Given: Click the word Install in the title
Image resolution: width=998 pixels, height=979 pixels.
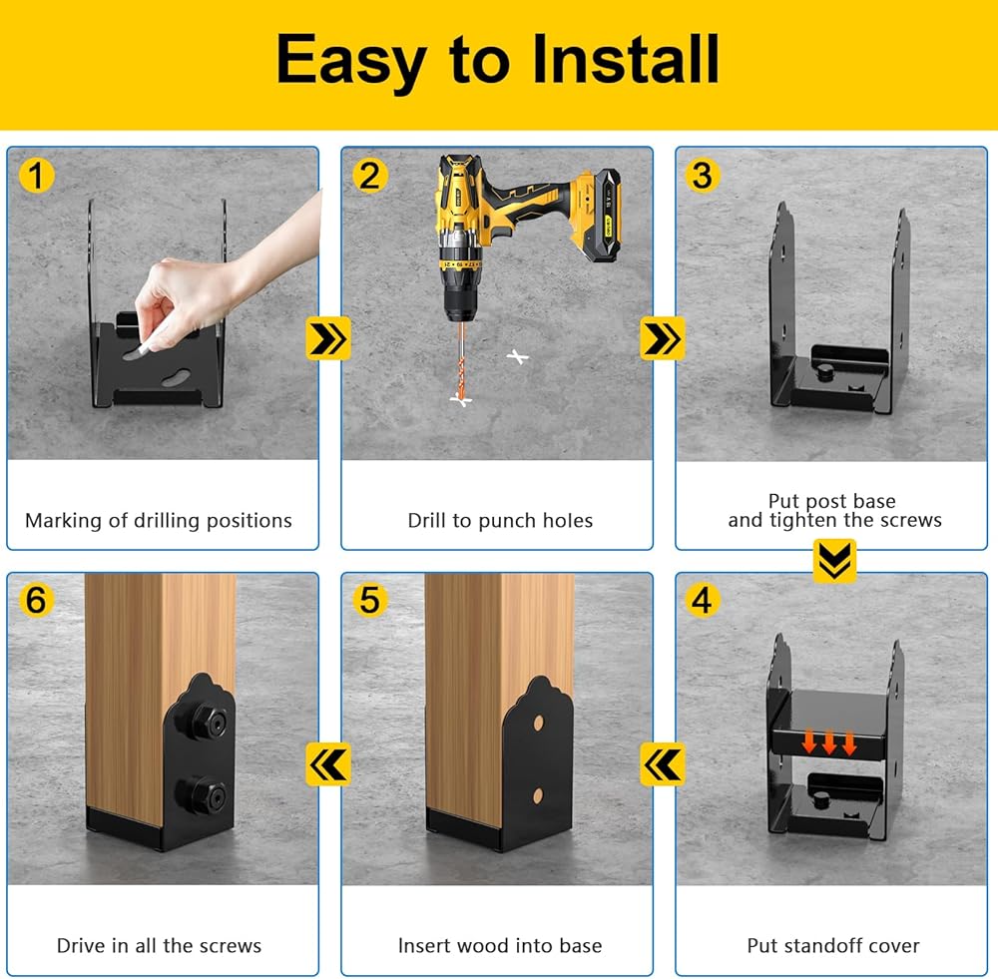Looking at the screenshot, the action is coord(626,59).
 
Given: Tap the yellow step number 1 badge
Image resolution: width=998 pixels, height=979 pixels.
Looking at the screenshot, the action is coord(36,176).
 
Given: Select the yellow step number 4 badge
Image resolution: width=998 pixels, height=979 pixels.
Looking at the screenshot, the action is coord(702,600).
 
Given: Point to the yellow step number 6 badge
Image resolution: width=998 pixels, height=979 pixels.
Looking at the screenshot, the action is coord(36,600).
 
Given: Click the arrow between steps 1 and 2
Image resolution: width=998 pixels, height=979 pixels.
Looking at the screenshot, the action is coord(328,338).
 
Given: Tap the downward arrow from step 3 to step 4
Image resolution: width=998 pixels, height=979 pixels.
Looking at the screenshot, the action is coord(834,561).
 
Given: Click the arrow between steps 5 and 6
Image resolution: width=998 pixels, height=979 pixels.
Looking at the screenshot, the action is coord(328,763).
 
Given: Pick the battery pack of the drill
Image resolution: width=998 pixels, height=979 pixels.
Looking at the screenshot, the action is coord(601,215).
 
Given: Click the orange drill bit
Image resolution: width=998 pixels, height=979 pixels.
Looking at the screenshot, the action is coord(460,361).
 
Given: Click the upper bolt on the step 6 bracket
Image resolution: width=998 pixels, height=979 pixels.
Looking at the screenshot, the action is coord(202,722).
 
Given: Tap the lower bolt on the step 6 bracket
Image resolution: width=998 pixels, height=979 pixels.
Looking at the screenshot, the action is coord(202,795).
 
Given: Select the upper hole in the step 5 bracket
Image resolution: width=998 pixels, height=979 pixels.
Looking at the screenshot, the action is coord(539,724).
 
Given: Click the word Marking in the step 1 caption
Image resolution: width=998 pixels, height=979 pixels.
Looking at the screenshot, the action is coord(64,521).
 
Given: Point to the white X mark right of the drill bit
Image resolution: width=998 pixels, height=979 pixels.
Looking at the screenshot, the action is coord(517,357).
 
